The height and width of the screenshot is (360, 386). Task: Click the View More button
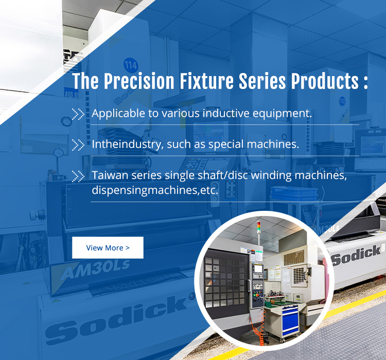(x=108, y=247)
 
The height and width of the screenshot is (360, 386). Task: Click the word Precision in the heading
(x=139, y=81)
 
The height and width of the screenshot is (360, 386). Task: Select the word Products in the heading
(x=325, y=81)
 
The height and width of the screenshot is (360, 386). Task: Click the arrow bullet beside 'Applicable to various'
(x=78, y=114)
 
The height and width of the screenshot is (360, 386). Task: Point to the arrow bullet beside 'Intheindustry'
(x=78, y=145)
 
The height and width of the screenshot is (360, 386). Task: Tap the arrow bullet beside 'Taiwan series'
(x=78, y=176)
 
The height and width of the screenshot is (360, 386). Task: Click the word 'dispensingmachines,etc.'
(x=155, y=190)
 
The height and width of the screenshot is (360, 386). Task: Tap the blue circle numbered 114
(x=131, y=65)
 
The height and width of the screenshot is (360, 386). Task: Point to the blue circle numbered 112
(x=342, y=101)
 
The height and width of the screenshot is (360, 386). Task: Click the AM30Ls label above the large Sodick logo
(x=95, y=269)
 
